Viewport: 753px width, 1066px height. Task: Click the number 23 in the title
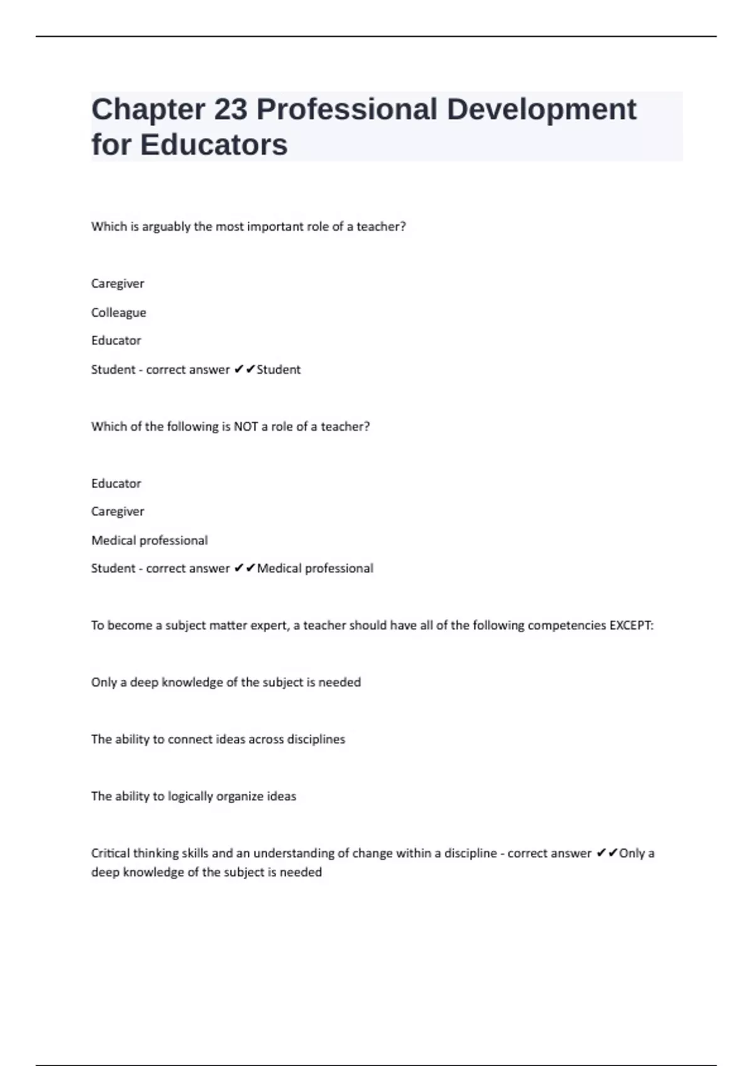click(x=230, y=109)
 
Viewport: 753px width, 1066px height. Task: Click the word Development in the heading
click(x=542, y=109)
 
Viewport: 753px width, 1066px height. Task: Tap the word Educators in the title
click(x=213, y=145)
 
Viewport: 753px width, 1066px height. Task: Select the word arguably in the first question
click(x=166, y=227)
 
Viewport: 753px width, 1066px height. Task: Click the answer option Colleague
click(x=119, y=312)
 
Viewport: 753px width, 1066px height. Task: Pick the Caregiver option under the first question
click(x=117, y=283)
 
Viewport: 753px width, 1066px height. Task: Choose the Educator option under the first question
click(x=116, y=340)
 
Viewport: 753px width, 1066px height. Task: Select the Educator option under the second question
click(x=116, y=483)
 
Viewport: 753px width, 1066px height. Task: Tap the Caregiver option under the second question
click(x=117, y=512)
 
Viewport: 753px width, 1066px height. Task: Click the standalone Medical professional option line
click(x=149, y=541)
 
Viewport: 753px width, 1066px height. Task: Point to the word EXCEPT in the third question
click(x=631, y=625)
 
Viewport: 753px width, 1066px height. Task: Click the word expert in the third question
click(x=268, y=625)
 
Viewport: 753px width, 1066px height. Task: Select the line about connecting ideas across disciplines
click(x=218, y=739)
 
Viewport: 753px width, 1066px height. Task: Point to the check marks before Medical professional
click(x=244, y=568)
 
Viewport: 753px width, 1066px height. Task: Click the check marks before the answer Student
click(x=244, y=369)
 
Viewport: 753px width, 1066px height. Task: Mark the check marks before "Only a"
click(x=607, y=853)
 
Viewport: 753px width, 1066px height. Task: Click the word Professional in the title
click(x=346, y=109)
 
